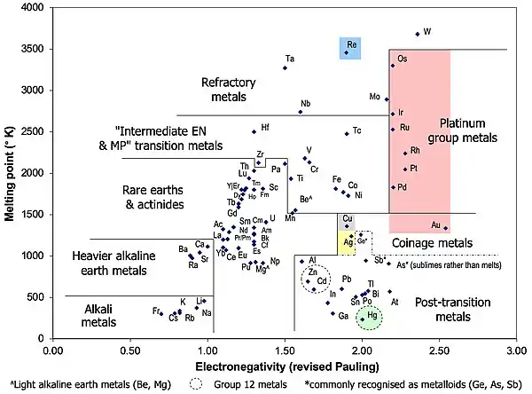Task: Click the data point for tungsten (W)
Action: pyautogui.click(x=418, y=34)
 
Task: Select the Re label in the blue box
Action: pyautogui.click(x=352, y=43)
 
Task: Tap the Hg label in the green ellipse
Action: pyautogui.click(x=372, y=315)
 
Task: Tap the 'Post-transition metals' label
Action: pyautogui.click(x=446, y=309)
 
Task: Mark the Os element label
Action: pyautogui.click(x=402, y=59)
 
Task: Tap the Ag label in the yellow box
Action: pyautogui.click(x=348, y=241)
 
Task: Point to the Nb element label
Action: pyautogui.click(x=306, y=104)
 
